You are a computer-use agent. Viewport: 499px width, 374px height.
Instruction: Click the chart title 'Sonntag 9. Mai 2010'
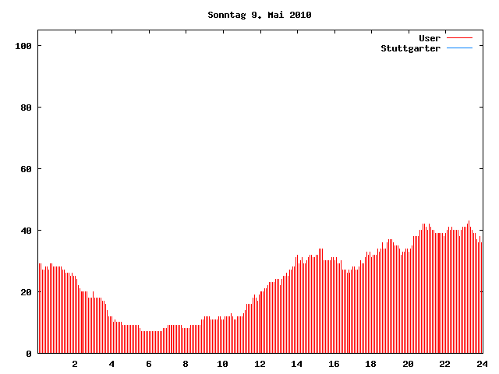(260, 15)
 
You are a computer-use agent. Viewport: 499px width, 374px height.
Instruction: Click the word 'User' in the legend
(430, 38)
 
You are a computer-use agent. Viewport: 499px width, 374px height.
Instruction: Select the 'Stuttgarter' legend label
(410, 48)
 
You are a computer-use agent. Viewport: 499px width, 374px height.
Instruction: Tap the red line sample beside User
(460, 38)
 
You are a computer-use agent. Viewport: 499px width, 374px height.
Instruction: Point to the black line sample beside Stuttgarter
(460, 48)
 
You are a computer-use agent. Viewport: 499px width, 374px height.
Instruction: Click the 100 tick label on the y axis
(22, 46)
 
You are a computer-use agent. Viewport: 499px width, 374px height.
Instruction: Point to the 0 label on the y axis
(28, 354)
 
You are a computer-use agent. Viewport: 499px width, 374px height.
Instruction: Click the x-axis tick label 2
(75, 364)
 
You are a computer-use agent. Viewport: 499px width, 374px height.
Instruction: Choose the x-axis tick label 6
(149, 364)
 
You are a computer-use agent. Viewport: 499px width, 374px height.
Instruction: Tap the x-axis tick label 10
(223, 364)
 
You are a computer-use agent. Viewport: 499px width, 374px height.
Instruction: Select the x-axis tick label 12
(260, 364)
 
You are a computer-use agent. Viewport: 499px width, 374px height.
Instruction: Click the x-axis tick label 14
(297, 364)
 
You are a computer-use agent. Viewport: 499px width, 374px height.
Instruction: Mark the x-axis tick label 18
(371, 364)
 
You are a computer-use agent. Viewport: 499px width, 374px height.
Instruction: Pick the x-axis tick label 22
(445, 364)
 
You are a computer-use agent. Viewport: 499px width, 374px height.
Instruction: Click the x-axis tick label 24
(482, 364)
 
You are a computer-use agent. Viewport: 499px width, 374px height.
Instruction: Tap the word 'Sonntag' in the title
(227, 15)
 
